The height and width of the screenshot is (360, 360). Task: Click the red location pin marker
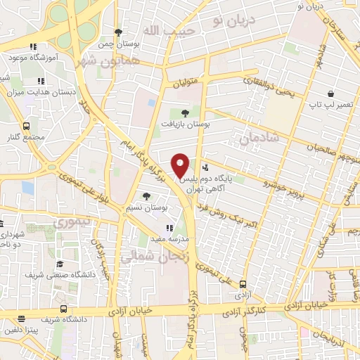click(x=181, y=164)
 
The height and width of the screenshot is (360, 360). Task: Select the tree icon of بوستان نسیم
click(x=146, y=196)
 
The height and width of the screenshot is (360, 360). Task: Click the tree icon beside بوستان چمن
click(x=119, y=32)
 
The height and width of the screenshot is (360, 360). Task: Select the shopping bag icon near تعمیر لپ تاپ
click(x=330, y=94)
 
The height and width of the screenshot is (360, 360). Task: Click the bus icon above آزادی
click(x=243, y=284)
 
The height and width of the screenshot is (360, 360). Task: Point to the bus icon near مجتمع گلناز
click(x=26, y=126)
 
